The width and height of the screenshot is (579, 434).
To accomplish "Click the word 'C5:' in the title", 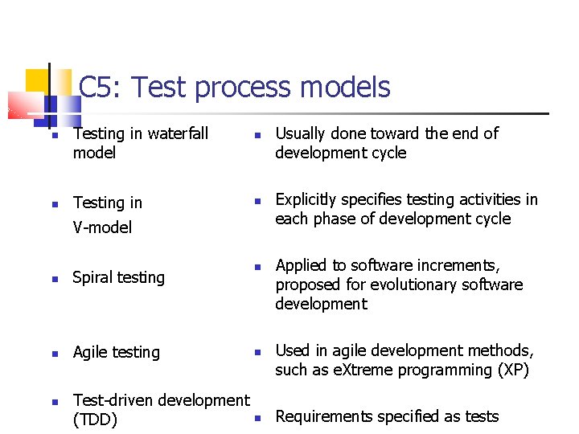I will click(x=101, y=87).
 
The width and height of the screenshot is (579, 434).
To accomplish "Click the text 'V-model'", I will click(x=102, y=227).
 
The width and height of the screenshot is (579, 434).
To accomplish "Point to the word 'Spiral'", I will click(x=92, y=278).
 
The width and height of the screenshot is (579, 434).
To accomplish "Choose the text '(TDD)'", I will click(x=95, y=420).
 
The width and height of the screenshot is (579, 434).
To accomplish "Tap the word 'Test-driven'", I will click(x=118, y=400).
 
